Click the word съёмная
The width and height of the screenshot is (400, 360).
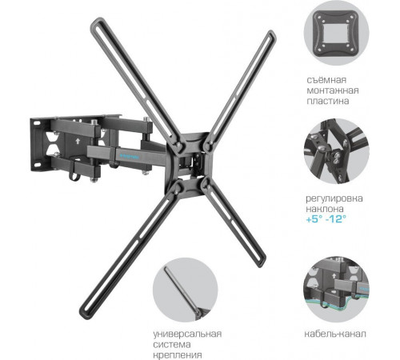(326, 80)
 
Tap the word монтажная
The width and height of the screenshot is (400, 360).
(333, 90)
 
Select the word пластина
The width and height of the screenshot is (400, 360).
(328, 102)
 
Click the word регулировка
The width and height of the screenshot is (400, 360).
(334, 198)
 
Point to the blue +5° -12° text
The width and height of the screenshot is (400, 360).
(326, 219)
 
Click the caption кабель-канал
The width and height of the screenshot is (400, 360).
(335, 334)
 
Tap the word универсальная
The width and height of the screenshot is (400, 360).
(187, 334)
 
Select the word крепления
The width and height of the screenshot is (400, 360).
(178, 355)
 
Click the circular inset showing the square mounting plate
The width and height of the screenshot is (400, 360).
(336, 33)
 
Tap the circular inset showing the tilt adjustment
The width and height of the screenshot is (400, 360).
(336, 151)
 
